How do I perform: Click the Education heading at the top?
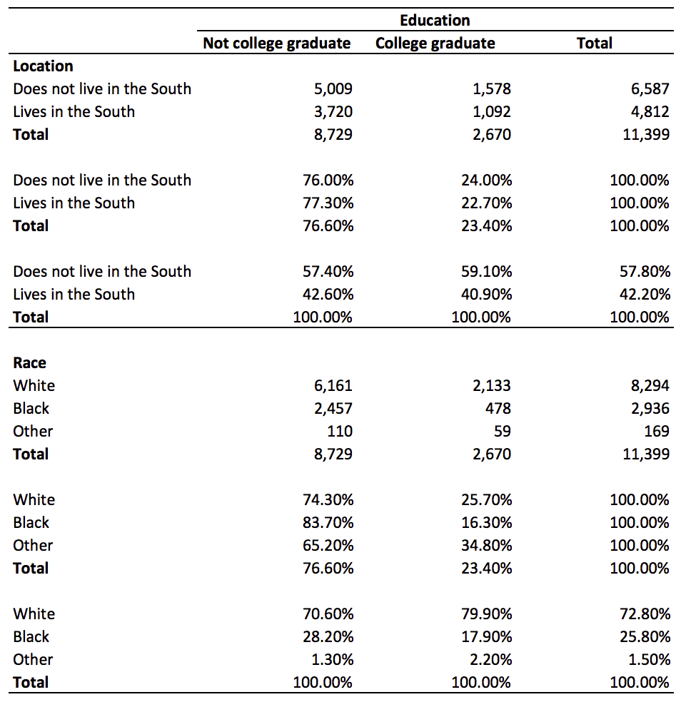[435, 20]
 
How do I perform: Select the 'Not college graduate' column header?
[276, 44]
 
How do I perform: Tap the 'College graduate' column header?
[435, 44]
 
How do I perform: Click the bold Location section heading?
[43, 66]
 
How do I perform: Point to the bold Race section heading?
[29, 362]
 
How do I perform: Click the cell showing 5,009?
[333, 88]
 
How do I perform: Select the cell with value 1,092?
[492, 111]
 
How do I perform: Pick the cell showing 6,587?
[650, 88]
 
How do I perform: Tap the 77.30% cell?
[328, 203]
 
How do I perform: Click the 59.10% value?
[487, 271]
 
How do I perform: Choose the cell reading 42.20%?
[645, 294]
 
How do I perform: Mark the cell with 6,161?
[333, 385]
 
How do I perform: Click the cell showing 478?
[498, 408]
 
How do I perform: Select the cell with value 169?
[656, 431]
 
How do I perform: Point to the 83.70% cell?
[328, 522]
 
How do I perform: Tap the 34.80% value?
[487, 545]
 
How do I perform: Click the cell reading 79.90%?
[487, 614]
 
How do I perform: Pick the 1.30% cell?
[334, 659]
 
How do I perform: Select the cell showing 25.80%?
[645, 636]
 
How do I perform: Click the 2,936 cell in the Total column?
[650, 408]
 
